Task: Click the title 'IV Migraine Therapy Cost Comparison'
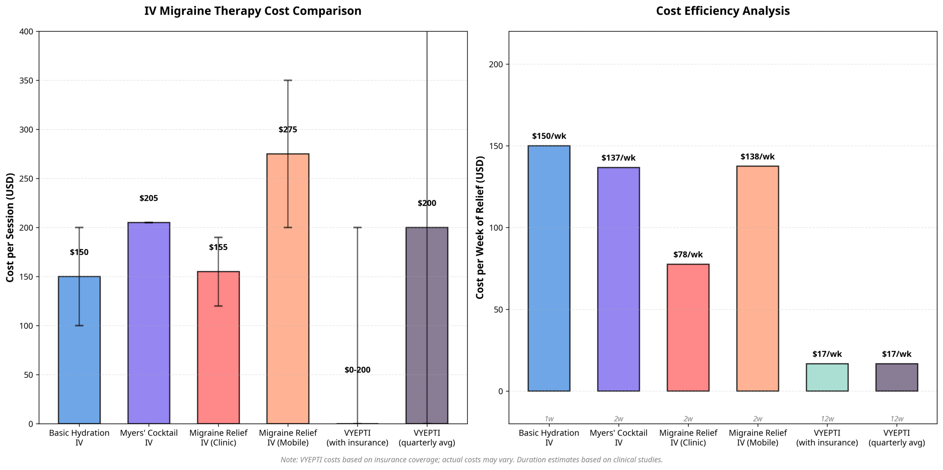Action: (x=253, y=11)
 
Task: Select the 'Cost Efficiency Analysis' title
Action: (x=723, y=11)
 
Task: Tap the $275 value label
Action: (x=288, y=129)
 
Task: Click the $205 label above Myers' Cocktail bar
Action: (x=148, y=198)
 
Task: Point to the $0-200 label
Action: (x=357, y=370)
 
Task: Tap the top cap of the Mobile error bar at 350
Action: (x=288, y=80)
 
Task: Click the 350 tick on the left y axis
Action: (x=26, y=80)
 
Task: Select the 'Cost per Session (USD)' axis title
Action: (x=10, y=227)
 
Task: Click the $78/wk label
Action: (x=688, y=255)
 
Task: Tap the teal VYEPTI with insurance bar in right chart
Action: (x=827, y=377)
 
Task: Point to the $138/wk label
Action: (x=757, y=157)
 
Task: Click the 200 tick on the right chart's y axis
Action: (x=496, y=64)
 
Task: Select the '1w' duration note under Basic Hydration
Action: (x=549, y=419)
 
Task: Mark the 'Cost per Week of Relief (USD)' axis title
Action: (x=480, y=227)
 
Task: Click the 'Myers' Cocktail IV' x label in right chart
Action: (x=618, y=438)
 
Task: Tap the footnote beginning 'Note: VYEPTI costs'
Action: (x=471, y=460)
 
